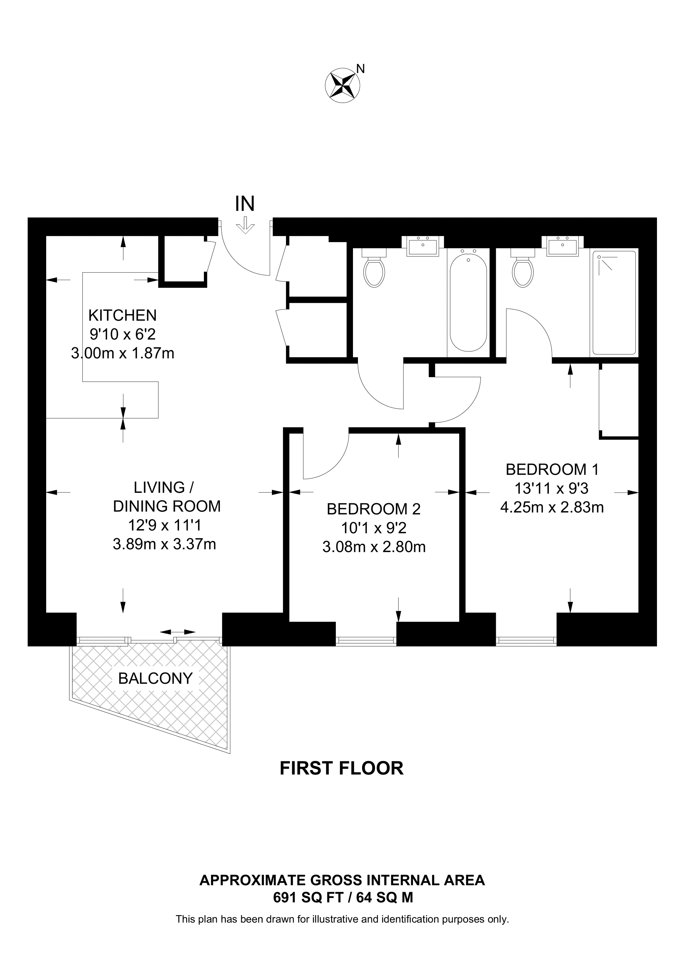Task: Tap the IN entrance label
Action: (x=245, y=204)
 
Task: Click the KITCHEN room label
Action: (x=123, y=315)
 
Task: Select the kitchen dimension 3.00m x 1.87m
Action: (x=123, y=353)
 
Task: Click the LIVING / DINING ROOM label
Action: (x=167, y=497)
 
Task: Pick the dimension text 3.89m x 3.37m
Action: (x=164, y=544)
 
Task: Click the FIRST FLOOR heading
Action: (x=341, y=769)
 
